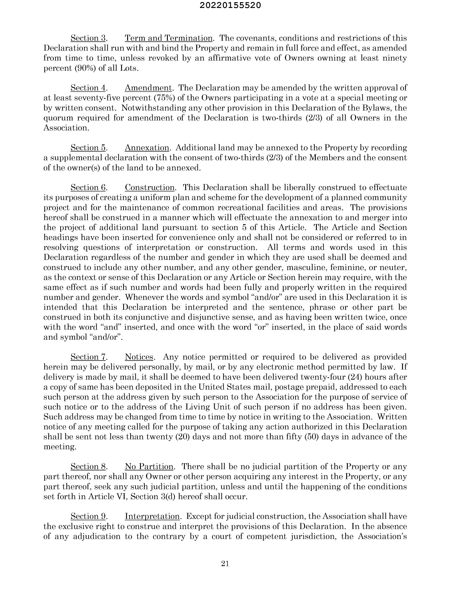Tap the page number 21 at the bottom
point(225,564)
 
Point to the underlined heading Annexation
point(147,148)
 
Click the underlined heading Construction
point(150,188)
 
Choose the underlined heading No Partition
point(149,467)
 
